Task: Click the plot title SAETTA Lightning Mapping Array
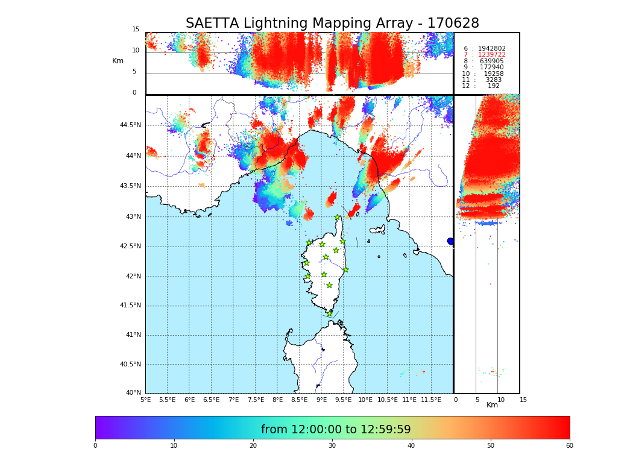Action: tap(332, 24)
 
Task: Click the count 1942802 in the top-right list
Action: tap(491, 48)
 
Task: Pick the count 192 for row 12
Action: tap(493, 86)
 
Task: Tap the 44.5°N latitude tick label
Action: tap(130, 125)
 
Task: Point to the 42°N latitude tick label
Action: tap(133, 277)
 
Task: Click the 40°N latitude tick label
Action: tap(133, 393)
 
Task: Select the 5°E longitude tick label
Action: tap(145, 400)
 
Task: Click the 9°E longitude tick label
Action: tap(321, 400)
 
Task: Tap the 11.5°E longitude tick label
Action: tap(430, 400)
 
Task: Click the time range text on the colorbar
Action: tap(336, 430)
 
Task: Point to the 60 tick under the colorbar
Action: tap(569, 446)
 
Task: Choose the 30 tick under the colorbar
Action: tap(332, 446)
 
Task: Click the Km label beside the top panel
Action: tap(118, 61)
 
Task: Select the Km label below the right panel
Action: tap(492, 405)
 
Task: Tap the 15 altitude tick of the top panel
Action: tap(136, 30)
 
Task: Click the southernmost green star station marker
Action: tap(329, 313)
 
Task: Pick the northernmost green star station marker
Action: tap(338, 218)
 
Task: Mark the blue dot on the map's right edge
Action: tap(450, 241)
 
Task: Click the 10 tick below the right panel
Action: tap(500, 400)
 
